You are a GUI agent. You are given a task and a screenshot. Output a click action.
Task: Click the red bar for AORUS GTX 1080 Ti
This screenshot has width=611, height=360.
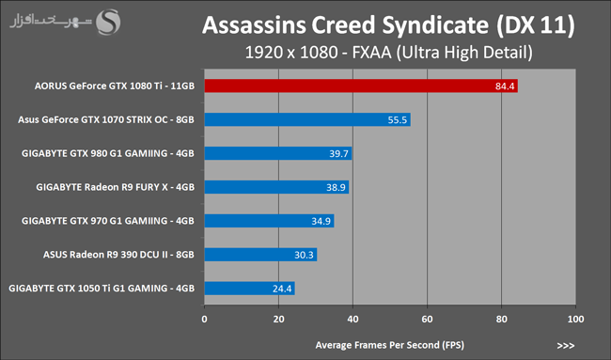point(361,86)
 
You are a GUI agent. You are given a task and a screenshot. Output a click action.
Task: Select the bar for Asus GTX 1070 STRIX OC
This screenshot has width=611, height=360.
point(307,119)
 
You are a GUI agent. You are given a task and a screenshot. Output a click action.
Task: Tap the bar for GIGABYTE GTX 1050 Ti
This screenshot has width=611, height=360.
point(249,289)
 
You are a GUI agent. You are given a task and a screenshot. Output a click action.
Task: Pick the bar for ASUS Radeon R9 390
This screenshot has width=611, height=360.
point(260,255)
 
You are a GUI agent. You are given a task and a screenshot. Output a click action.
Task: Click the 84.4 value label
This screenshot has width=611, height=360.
point(505,86)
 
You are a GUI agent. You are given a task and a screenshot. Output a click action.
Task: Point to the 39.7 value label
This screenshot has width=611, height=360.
point(338,153)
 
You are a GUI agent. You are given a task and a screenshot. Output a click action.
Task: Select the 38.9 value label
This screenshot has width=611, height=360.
point(336,187)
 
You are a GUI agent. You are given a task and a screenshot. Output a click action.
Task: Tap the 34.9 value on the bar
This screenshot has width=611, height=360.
point(321,221)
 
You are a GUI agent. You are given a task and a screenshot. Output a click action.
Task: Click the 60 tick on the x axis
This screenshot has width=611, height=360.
point(427,319)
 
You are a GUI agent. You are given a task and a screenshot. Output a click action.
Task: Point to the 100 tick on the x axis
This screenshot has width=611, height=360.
point(575,319)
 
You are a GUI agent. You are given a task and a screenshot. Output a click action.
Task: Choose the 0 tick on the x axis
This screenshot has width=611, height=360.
point(205,319)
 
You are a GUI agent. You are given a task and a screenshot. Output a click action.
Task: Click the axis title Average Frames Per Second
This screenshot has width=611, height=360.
point(390,345)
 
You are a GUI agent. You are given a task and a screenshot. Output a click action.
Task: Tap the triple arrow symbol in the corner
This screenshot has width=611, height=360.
point(566,346)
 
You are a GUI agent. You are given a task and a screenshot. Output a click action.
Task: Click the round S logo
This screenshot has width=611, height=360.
point(108,23)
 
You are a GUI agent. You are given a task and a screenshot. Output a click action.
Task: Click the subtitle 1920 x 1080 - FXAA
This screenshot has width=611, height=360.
point(318,53)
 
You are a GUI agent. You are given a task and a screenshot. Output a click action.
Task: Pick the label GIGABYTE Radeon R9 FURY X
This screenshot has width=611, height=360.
point(102,187)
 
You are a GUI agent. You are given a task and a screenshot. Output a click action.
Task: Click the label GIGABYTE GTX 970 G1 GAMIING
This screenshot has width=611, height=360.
point(95,221)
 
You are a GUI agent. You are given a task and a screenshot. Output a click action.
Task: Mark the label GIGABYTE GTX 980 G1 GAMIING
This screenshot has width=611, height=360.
point(95,153)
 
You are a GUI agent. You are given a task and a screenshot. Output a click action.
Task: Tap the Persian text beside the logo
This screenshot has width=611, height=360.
point(51,22)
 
